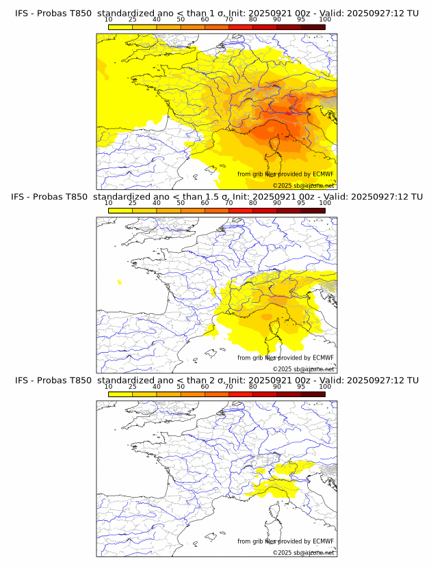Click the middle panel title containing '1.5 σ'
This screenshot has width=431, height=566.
pyautogui.click(x=216, y=197)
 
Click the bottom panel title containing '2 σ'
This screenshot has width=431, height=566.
pyautogui.click(x=216, y=380)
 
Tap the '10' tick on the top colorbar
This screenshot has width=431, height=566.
pyautogui.click(x=109, y=20)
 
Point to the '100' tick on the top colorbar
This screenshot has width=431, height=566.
pyautogui.click(x=325, y=20)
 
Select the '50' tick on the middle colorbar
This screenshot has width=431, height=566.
pyautogui.click(x=181, y=203)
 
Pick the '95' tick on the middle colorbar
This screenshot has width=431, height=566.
pyautogui.click(x=301, y=203)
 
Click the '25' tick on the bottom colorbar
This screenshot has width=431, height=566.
pyautogui.click(x=133, y=387)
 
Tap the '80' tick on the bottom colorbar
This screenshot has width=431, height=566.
pyautogui.click(x=253, y=387)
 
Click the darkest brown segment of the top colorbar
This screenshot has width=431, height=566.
pyautogui.click(x=313, y=27)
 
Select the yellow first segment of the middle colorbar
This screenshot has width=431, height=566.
pyautogui.click(x=120, y=211)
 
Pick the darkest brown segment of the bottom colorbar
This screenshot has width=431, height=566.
pyautogui.click(x=313, y=394)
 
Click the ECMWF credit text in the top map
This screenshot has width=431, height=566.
pyautogui.click(x=285, y=174)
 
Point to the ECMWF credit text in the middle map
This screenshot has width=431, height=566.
pyautogui.click(x=285, y=358)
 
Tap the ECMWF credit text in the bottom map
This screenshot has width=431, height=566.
pyautogui.click(x=285, y=541)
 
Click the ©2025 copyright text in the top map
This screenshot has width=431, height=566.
pyautogui.click(x=303, y=185)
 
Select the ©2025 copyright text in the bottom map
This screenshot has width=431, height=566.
pyautogui.click(x=303, y=552)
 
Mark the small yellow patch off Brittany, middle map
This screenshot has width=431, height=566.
pyautogui.click(x=120, y=282)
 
